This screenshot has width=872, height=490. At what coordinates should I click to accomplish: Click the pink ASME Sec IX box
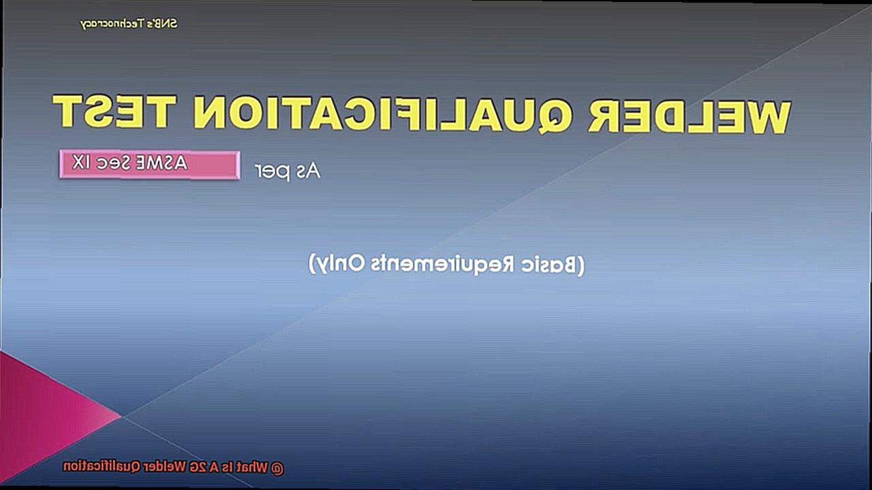click(149, 165)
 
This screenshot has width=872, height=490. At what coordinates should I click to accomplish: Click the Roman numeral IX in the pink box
click(80, 162)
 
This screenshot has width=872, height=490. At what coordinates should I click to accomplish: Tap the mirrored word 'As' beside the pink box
click(307, 171)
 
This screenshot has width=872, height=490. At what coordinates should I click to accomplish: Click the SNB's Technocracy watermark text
click(129, 24)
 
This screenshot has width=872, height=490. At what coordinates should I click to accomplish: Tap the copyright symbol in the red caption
click(277, 468)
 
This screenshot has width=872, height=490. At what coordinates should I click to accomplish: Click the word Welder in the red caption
click(165, 467)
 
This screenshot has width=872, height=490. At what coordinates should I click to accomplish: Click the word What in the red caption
click(253, 468)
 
